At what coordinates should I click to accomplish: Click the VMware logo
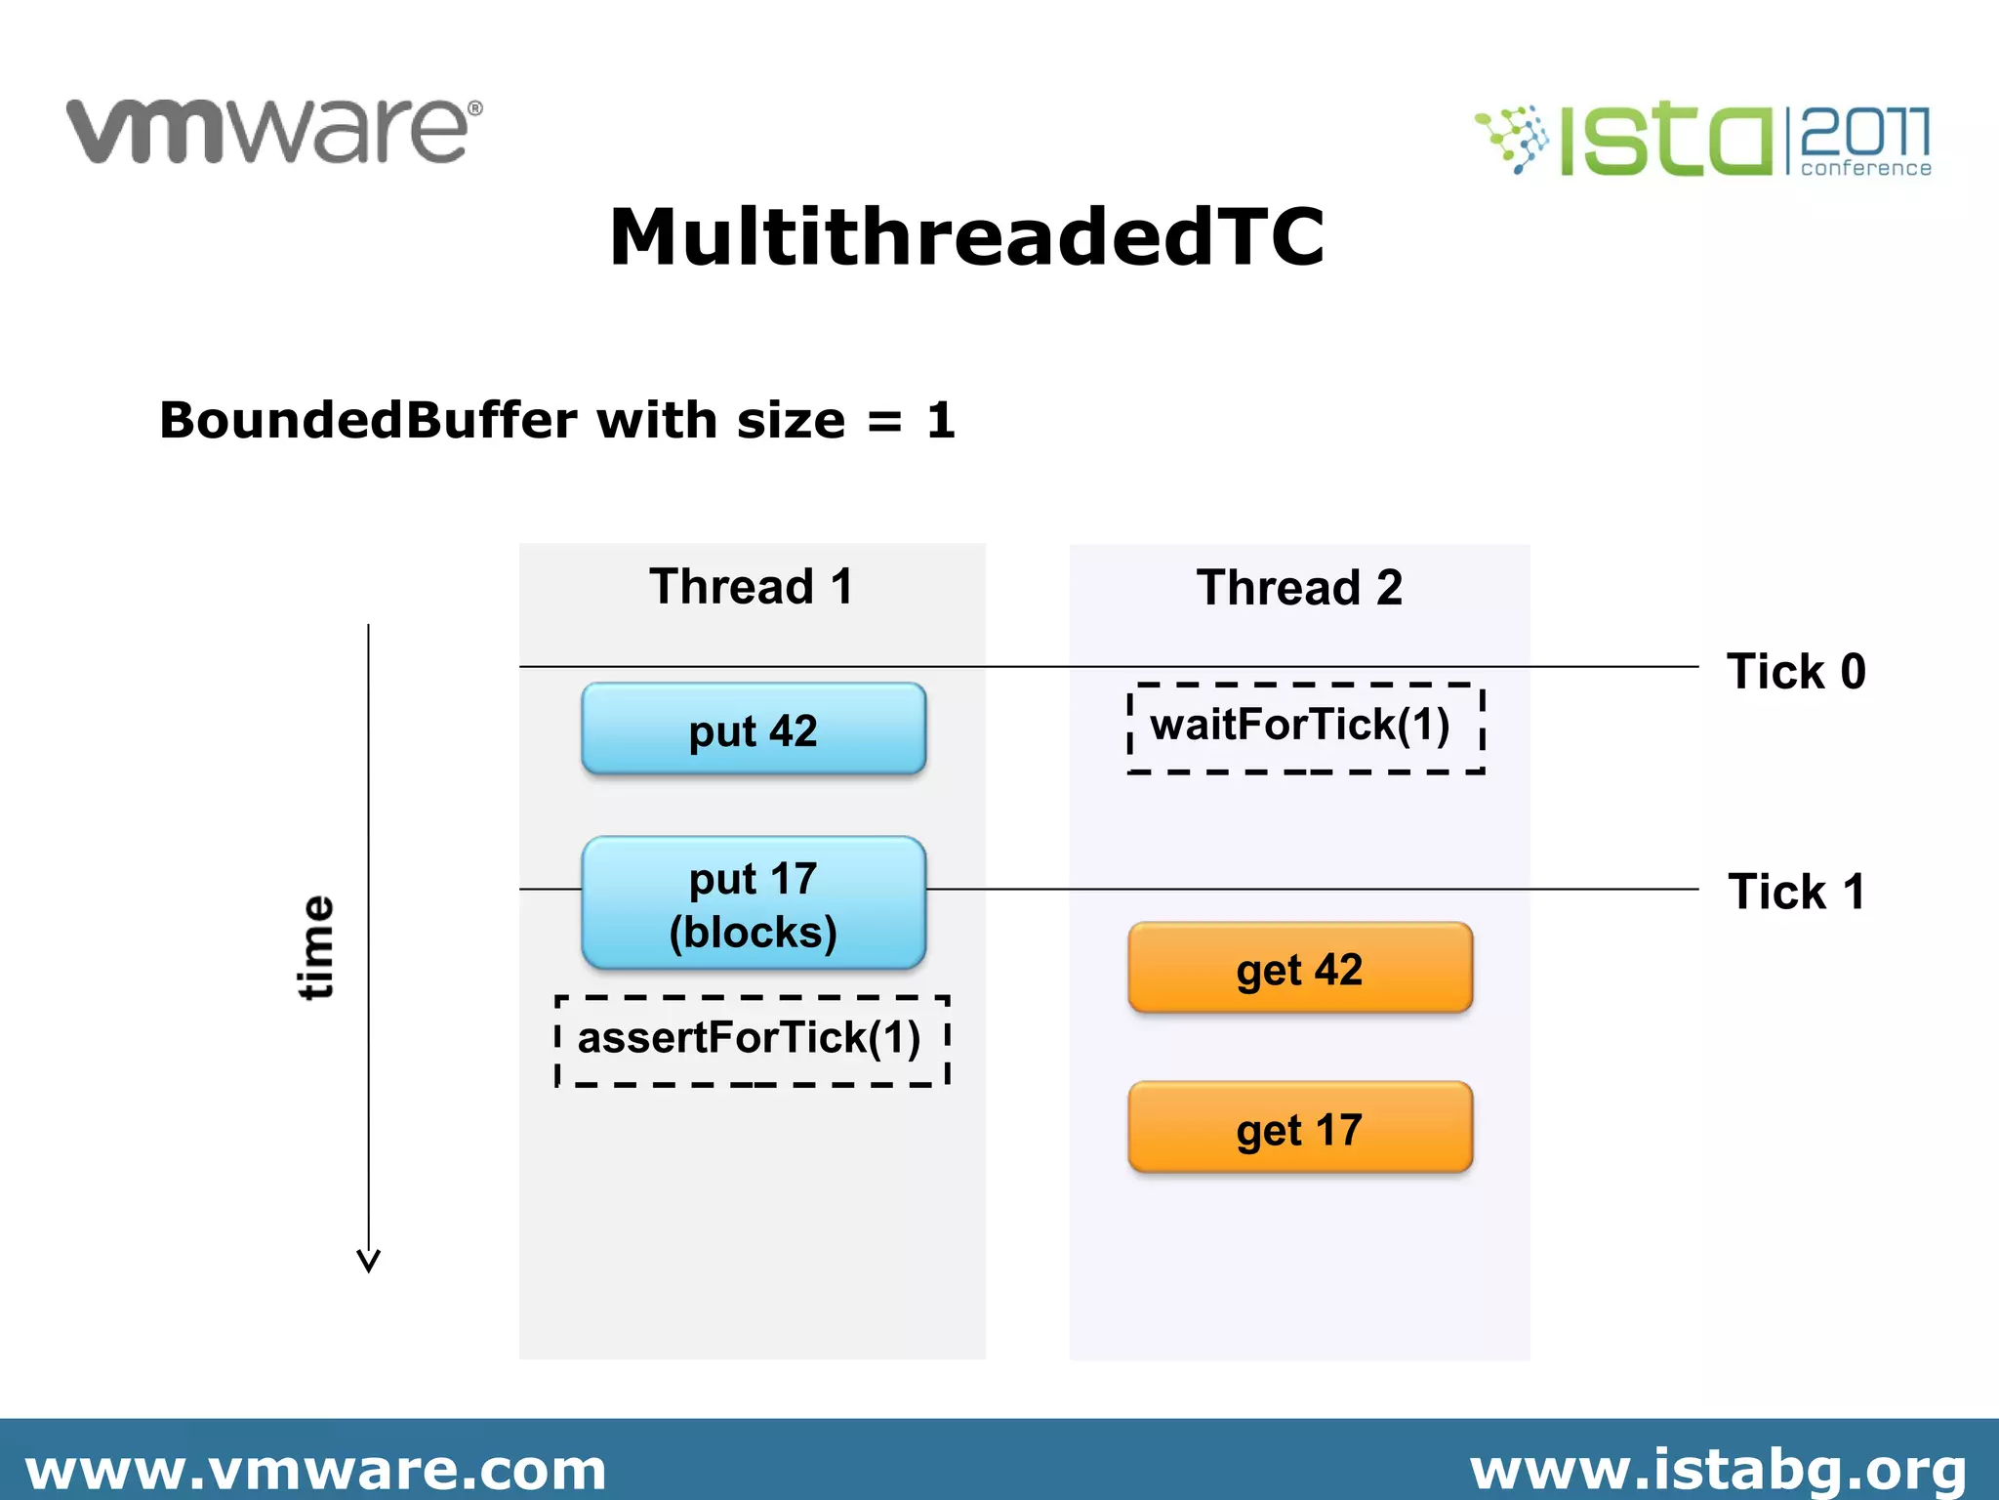point(273,131)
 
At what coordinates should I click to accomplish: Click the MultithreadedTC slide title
point(966,237)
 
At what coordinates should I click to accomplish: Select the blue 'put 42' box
point(753,729)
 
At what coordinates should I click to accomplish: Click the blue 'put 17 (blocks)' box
point(753,903)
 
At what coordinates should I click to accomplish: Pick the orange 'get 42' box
point(1299,968)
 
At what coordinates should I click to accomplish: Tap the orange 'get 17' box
point(1299,1128)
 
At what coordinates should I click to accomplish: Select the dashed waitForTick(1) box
point(1305,728)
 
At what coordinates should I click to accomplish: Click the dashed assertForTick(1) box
point(752,1040)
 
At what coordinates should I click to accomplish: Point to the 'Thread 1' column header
point(752,587)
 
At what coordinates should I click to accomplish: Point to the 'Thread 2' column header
point(1299,588)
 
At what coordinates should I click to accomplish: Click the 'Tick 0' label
point(1796,672)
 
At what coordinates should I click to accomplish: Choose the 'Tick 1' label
point(1796,892)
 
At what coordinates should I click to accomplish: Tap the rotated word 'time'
point(315,947)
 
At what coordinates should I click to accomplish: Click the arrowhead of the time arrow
point(368,1261)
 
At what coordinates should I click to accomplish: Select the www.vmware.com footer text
point(315,1470)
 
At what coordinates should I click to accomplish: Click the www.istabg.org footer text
point(1718,1470)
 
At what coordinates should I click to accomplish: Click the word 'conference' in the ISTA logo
point(1865,168)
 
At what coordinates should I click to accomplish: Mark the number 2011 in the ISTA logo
point(1864,131)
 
